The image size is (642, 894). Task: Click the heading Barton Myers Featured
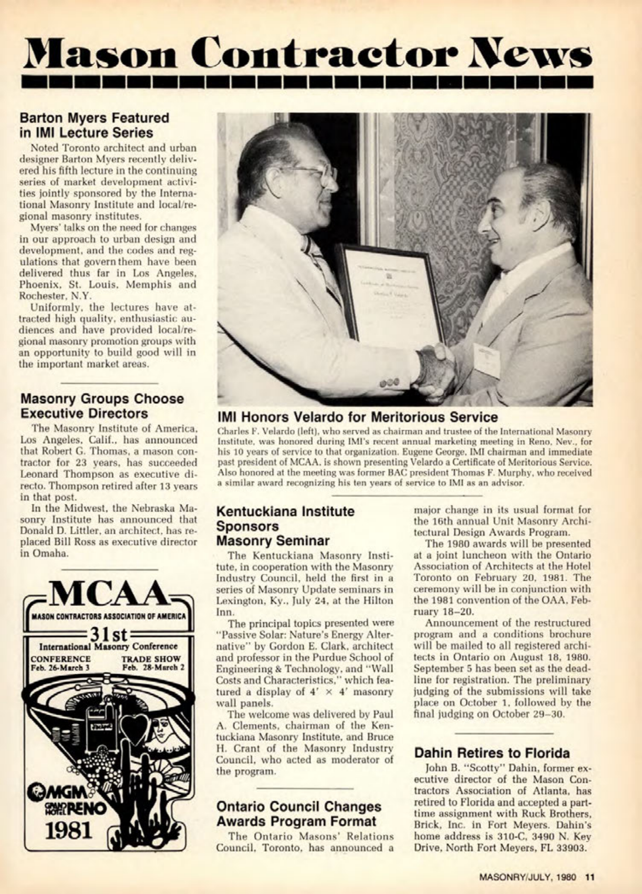pyautogui.click(x=94, y=118)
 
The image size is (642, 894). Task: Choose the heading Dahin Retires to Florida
pyautogui.click(x=492, y=753)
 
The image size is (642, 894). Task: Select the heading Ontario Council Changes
pyautogui.click(x=299, y=807)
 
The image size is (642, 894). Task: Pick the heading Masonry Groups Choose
pyautogui.click(x=102, y=399)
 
